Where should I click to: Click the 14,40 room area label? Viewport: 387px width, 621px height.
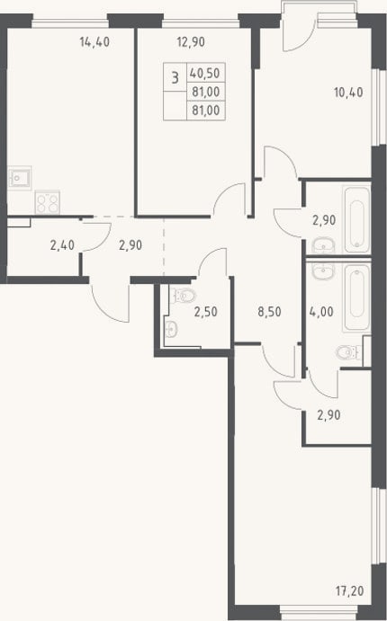pos(94,41)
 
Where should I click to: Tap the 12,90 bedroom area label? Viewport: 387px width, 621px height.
pos(191,41)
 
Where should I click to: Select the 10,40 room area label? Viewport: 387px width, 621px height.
pos(348,93)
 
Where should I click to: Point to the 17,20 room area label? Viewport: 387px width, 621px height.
pos(349,591)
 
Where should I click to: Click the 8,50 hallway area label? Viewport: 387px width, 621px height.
pos(269,312)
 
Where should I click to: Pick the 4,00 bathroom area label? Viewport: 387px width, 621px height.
pos(321,312)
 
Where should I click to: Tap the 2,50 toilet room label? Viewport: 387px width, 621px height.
pos(205,312)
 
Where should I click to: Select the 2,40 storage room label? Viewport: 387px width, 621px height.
pos(62,245)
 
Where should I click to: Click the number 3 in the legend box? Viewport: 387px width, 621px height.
pos(175,77)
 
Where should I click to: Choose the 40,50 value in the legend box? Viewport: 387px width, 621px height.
pos(204,74)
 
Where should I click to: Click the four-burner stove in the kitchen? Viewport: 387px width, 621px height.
pos(47,202)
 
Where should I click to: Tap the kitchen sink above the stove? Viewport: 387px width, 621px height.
pos(19,178)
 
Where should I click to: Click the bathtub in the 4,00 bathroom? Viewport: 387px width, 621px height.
pos(356,297)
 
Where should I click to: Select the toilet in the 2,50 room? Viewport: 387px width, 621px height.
pos(184,295)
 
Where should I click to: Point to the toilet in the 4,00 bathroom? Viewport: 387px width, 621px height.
pos(348,352)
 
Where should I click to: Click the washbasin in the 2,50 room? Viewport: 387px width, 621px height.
pos(171,329)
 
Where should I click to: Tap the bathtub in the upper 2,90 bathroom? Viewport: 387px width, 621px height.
pos(357,220)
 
